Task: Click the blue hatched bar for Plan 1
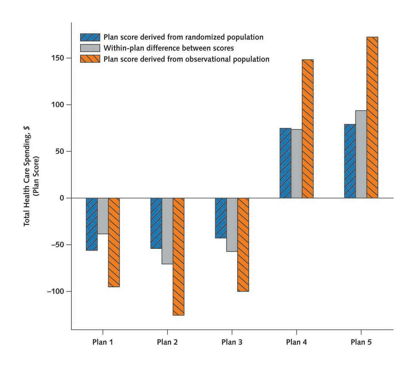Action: click(x=92, y=224)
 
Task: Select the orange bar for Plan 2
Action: click(x=178, y=256)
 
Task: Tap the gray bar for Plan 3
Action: click(x=232, y=225)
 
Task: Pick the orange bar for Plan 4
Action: click(x=308, y=129)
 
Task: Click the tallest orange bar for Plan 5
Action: click(x=372, y=117)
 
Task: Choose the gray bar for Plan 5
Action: click(x=361, y=154)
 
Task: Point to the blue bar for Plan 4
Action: click(x=285, y=163)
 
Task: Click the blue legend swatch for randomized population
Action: click(x=90, y=37)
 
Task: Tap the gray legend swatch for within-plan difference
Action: click(x=90, y=48)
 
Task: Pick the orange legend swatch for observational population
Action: click(x=90, y=59)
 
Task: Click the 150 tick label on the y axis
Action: click(x=58, y=58)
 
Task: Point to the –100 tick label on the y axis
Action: click(x=56, y=291)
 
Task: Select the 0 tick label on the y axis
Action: click(x=62, y=198)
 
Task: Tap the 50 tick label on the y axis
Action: click(x=60, y=151)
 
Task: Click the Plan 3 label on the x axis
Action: click(x=232, y=342)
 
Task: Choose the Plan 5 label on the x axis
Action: click(x=361, y=342)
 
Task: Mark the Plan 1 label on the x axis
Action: click(x=103, y=342)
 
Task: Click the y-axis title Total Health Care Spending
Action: click(x=27, y=176)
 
